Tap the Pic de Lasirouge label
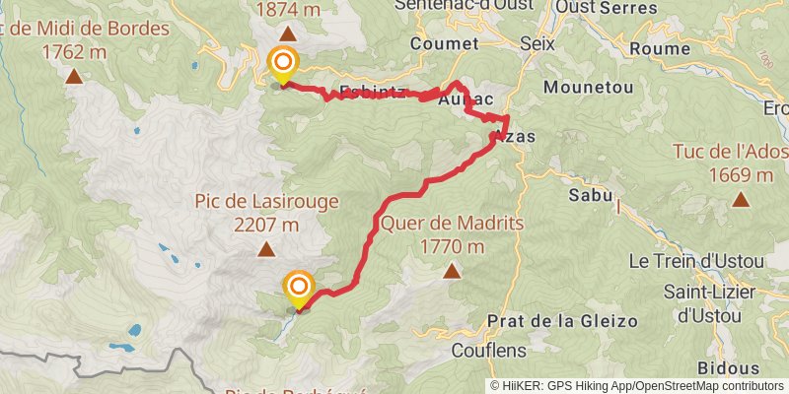(266, 201)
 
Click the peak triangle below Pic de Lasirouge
(266, 249)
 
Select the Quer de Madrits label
(453, 223)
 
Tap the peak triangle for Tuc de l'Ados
(741, 200)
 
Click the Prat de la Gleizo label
(562, 321)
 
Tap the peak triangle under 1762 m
(75, 75)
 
